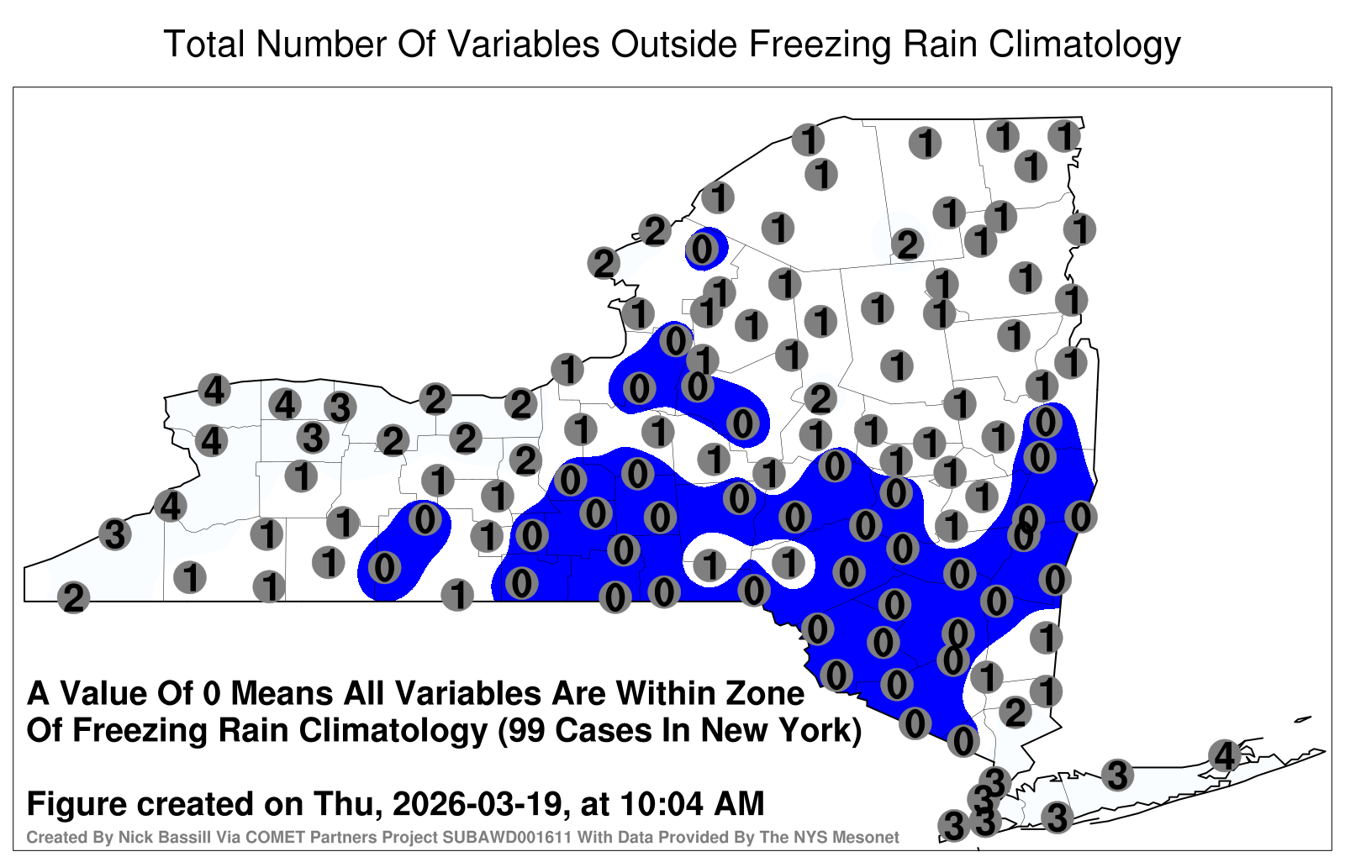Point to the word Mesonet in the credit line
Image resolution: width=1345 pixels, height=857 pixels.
(x=873, y=837)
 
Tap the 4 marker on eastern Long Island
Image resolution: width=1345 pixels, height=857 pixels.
(x=1224, y=755)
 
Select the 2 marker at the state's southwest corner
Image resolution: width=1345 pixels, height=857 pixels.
(x=73, y=597)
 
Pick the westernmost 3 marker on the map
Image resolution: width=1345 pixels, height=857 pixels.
(x=114, y=534)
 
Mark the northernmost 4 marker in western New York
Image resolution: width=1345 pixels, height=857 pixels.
(x=214, y=390)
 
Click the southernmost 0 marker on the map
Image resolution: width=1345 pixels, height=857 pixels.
(x=963, y=741)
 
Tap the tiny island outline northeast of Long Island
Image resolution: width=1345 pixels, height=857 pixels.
(x=1303, y=719)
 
